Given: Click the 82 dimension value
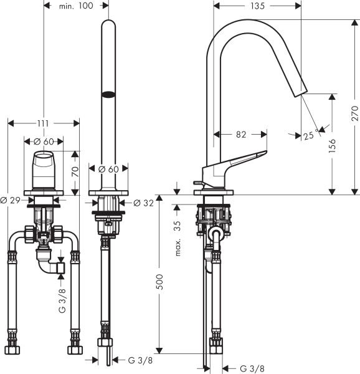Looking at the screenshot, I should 240,134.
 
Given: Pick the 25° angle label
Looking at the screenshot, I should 310,137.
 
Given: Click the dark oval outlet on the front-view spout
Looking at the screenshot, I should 108,95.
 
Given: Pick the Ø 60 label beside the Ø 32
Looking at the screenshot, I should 109,168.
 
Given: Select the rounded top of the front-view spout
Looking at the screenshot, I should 108,25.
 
